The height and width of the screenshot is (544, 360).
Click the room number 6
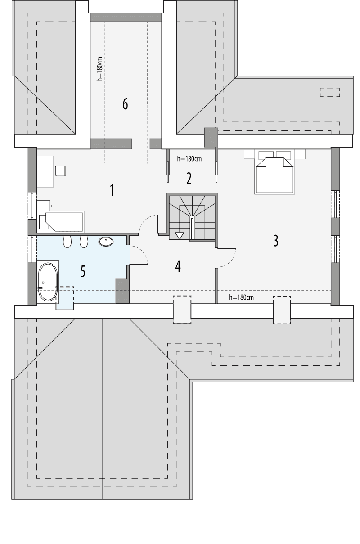pos(125,104)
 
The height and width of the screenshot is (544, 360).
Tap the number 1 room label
pos(112,190)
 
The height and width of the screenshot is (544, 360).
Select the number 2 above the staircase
pos(189,179)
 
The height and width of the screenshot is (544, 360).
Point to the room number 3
pos(275,241)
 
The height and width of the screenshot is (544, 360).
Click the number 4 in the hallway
pos(178,266)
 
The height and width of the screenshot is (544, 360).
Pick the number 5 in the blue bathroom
pos(83,271)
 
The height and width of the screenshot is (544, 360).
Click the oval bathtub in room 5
pos(47,283)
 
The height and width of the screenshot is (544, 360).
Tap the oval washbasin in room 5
pos(106,242)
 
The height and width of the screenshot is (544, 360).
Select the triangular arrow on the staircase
pos(180,235)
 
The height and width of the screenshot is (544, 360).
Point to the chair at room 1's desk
pos(60,171)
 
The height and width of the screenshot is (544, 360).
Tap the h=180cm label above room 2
pos(189,158)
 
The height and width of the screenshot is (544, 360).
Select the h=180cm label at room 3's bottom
pos(242,297)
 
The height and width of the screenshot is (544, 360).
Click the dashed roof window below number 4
pos(182,309)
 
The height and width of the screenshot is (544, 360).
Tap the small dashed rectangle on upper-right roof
pos(330,92)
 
